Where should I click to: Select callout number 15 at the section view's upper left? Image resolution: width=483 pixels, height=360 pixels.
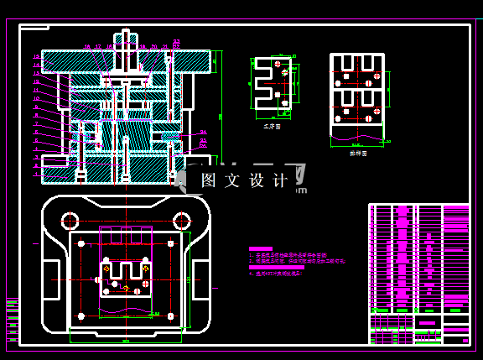pos(36,56)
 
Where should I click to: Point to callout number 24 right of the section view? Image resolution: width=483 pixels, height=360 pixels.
pos(203,133)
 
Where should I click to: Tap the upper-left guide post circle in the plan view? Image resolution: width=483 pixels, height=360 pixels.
pos(69,220)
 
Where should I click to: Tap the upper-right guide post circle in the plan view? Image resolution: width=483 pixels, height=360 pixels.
pos(181,220)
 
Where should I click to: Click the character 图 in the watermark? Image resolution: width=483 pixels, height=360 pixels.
pos(210,180)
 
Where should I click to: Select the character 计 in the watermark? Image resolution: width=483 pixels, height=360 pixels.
pos(281,180)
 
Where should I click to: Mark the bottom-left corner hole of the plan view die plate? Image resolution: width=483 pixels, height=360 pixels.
pos(80,316)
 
